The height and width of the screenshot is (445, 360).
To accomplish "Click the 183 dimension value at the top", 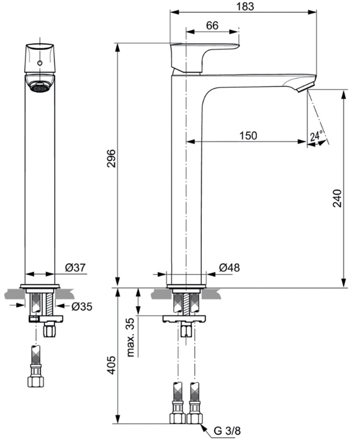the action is click(245, 6).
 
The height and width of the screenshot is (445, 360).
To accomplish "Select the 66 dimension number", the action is click(212, 26).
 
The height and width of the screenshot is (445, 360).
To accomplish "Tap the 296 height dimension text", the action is click(111, 158).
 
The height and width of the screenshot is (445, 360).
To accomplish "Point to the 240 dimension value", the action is click(337, 198).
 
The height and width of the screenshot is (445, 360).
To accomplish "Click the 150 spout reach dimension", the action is click(248, 136).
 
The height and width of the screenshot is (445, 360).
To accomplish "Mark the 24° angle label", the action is click(316, 135).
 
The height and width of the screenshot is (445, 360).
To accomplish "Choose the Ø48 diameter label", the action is click(229, 267).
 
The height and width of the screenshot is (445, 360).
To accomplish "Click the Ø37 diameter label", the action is click(75, 267).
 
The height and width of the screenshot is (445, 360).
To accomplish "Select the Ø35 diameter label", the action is click(82, 306).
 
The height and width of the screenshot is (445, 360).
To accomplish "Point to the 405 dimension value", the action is click(111, 365).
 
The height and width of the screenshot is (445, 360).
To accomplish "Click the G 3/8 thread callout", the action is click(227, 430).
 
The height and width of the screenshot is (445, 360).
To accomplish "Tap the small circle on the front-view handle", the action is click(40, 63).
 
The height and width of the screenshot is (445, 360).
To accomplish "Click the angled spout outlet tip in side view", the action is click(306, 87).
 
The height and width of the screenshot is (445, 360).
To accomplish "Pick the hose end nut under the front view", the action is click(36, 382).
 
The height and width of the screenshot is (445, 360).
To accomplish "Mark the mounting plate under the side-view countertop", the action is click(184, 319).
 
